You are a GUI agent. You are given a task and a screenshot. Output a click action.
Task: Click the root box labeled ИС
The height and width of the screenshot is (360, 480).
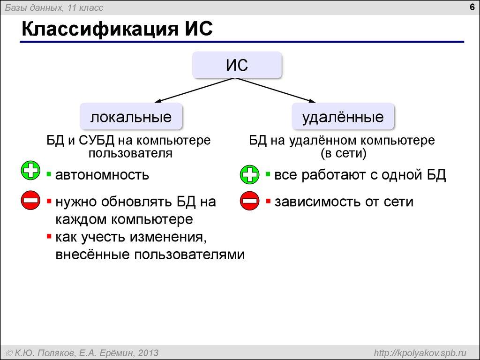[x=237, y=65]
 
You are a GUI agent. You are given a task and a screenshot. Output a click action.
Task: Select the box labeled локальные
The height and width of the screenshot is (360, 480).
[x=131, y=117]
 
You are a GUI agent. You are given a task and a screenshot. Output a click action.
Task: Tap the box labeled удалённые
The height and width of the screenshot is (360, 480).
[x=343, y=117]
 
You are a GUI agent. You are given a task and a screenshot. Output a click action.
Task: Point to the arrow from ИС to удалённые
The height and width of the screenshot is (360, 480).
[x=277, y=90]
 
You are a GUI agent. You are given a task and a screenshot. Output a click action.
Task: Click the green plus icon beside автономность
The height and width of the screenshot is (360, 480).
[x=31, y=172]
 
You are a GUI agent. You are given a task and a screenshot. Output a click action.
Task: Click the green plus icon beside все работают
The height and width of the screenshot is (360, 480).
[x=249, y=176]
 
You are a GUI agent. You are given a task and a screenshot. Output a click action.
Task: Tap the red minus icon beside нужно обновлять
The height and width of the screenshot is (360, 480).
[x=31, y=202]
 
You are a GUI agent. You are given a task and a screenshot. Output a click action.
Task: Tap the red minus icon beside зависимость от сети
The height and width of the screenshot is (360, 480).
[x=249, y=202]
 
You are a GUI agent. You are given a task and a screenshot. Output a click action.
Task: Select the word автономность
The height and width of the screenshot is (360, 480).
[x=102, y=175]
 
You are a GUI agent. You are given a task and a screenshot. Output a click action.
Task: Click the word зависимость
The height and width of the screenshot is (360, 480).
[x=312, y=202]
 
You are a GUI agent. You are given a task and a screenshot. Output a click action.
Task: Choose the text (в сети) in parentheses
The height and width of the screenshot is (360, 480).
[x=343, y=153]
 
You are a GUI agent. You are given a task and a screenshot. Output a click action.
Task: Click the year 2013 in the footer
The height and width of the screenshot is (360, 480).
[x=148, y=352]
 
